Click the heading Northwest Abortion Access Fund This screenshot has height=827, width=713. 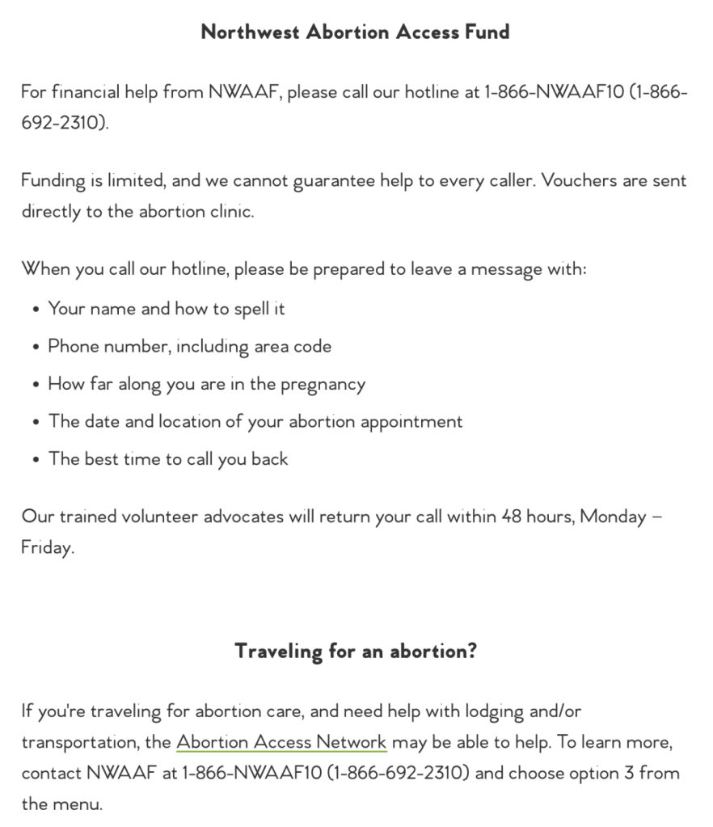coord(356,32)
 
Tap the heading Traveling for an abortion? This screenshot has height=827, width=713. coord(356,651)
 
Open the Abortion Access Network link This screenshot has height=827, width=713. coord(281,742)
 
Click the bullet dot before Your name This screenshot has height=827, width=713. coord(36,310)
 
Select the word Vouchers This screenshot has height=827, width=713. coord(579,180)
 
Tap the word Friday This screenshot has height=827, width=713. coord(47,547)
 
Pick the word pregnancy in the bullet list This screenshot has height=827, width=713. coord(323,385)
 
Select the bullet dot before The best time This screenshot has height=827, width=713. coord(36,460)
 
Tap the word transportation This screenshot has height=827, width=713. coord(79,743)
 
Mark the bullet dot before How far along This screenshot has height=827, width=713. coord(36,385)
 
